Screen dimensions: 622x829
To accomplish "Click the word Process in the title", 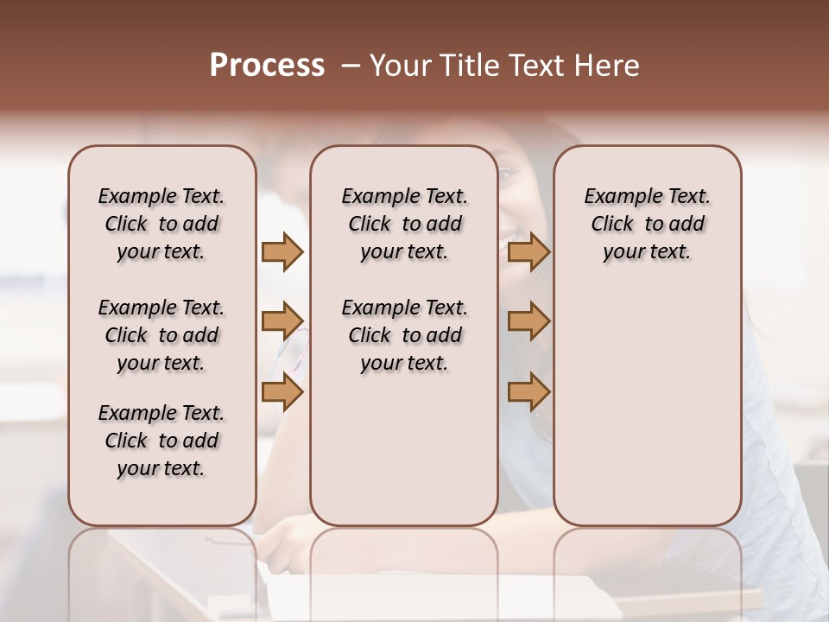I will [267, 66].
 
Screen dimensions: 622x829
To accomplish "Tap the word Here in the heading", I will [608, 66].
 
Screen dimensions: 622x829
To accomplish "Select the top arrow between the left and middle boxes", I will [282, 251].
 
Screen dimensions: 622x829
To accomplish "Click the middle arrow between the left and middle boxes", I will [282, 321].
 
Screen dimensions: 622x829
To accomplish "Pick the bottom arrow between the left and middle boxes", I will [282, 392].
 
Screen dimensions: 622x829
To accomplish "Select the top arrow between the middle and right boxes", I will [528, 251].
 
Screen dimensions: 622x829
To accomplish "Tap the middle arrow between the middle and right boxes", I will [528, 321].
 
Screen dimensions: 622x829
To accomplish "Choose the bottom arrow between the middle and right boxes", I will [528, 392].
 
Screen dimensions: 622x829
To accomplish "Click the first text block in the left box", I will [161, 224].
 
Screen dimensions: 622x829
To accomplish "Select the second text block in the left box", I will [161, 335].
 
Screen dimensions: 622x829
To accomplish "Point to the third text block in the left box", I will [161, 441].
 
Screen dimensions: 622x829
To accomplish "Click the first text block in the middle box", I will [404, 224].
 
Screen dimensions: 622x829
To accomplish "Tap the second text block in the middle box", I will [404, 335].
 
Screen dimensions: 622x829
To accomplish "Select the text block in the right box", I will [647, 224].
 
